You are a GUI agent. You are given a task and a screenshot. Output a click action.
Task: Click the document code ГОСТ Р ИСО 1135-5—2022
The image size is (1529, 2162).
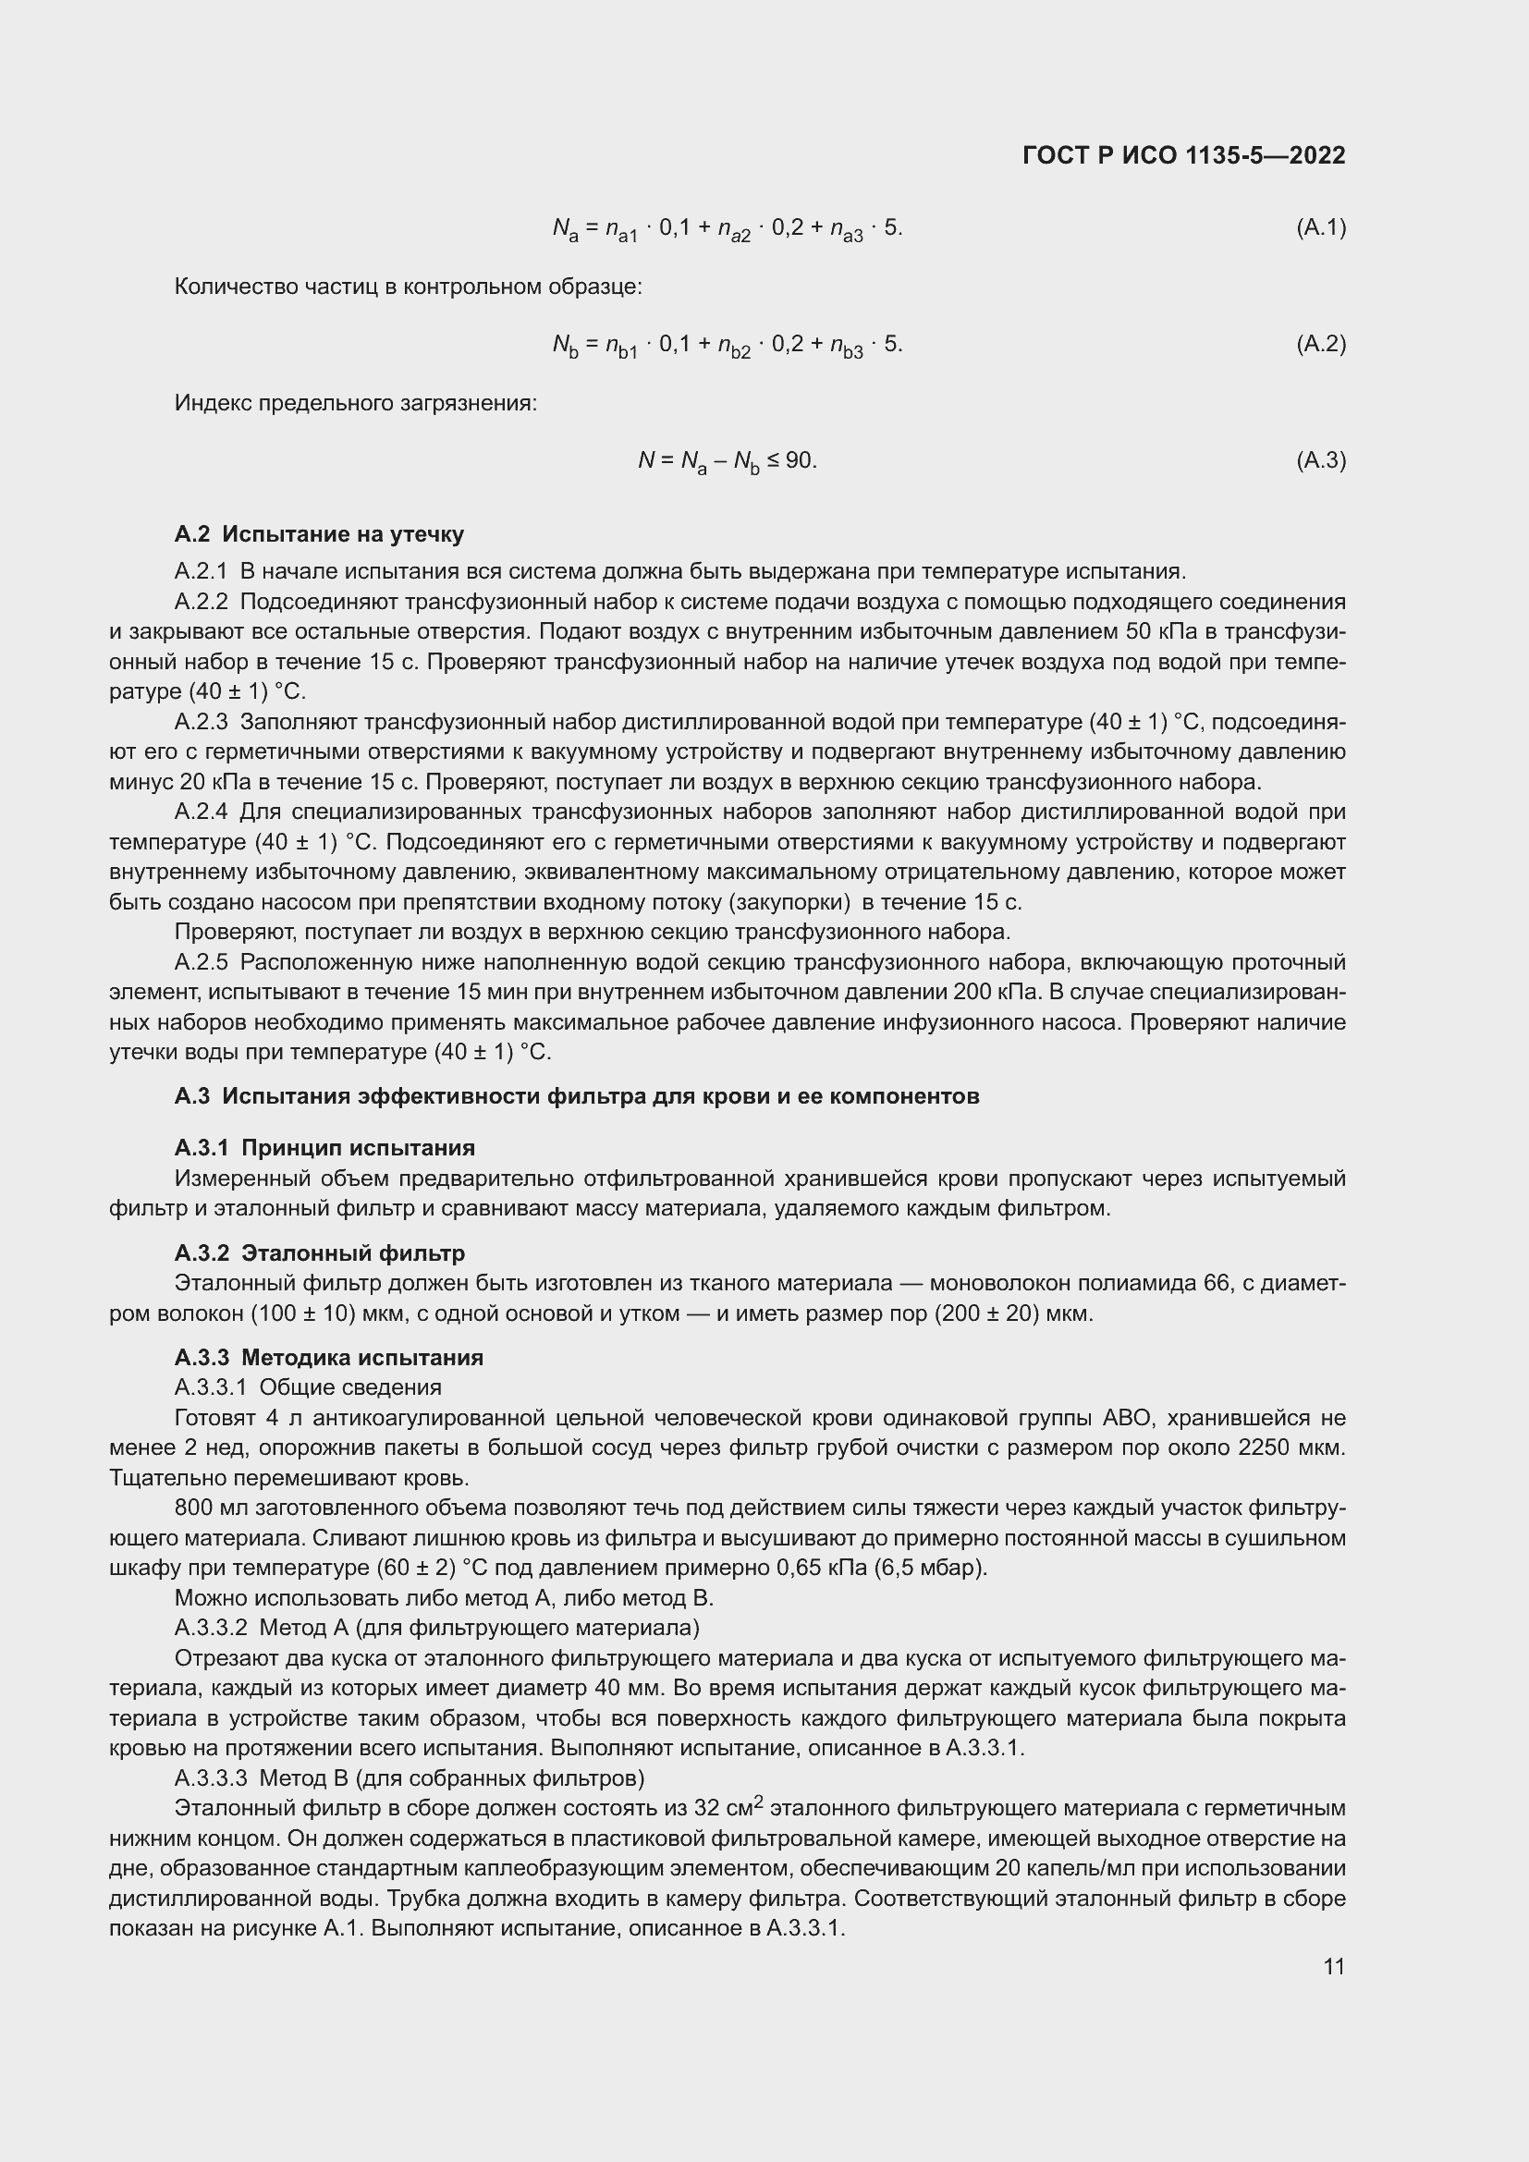[x=1183, y=155]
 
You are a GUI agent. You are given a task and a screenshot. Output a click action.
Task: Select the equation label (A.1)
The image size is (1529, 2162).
[x=1321, y=227]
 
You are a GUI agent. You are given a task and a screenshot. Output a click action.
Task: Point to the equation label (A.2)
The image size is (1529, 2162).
[x=1321, y=344]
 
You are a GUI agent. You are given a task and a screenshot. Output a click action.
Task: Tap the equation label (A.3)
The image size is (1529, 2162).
[x=1321, y=460]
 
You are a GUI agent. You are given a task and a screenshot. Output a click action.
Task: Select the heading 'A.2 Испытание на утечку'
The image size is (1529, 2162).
[x=319, y=535]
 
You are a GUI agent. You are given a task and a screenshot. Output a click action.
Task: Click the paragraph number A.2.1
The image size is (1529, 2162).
[x=202, y=571]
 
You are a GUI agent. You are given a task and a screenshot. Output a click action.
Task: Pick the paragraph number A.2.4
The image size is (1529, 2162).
[x=202, y=812]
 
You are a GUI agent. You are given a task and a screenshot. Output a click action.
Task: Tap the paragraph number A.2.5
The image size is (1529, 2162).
[x=202, y=962]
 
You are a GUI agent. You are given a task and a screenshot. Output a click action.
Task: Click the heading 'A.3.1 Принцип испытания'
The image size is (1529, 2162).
[x=324, y=1148]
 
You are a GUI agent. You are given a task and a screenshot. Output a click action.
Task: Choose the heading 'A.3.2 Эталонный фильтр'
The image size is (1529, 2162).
[x=320, y=1253]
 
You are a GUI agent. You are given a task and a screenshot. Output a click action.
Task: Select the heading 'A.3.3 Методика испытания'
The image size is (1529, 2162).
[x=328, y=1358]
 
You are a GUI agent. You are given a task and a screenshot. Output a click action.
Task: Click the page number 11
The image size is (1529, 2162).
[x=1333, y=1967]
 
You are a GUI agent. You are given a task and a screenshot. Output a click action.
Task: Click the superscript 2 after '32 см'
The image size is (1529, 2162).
[x=759, y=1802]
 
